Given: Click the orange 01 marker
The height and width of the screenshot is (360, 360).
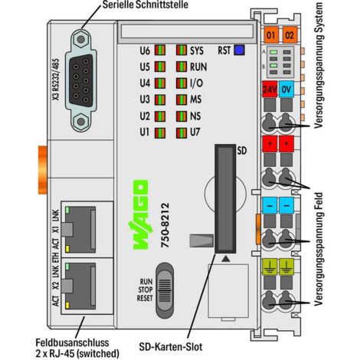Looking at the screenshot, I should (270, 35).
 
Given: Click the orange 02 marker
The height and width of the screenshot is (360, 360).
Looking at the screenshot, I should (289, 35).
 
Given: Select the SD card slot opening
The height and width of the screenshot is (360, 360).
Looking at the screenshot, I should (225, 198).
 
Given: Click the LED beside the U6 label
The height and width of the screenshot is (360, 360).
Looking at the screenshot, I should (160, 51).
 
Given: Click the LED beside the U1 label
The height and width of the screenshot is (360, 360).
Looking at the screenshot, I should (160, 133).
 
